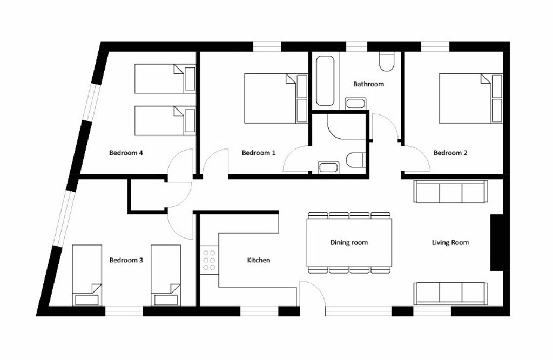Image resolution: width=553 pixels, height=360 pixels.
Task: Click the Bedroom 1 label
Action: [259, 153]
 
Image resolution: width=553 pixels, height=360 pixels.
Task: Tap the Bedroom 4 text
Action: [126, 153]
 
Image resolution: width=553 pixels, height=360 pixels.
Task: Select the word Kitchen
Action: [259, 260]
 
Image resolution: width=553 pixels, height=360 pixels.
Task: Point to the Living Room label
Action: [450, 242]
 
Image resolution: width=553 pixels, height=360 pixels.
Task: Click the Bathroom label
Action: [368, 84]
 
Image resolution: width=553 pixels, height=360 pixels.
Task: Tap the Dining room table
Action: [349, 242]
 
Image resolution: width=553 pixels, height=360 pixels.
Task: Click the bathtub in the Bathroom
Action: [325, 81]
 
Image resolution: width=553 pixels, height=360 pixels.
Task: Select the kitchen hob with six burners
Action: [209, 260]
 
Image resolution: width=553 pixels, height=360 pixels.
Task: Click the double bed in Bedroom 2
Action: [470, 98]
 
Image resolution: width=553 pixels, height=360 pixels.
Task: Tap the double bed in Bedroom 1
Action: [276, 98]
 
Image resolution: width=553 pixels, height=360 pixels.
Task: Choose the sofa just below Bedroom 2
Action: [451, 192]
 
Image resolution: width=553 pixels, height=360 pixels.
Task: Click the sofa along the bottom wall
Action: [451, 294]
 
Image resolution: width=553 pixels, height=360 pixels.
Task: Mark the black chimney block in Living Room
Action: [497, 242]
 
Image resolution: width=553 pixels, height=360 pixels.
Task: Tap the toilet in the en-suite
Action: [355, 160]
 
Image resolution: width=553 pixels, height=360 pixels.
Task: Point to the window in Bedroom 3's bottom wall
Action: [124, 311]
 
